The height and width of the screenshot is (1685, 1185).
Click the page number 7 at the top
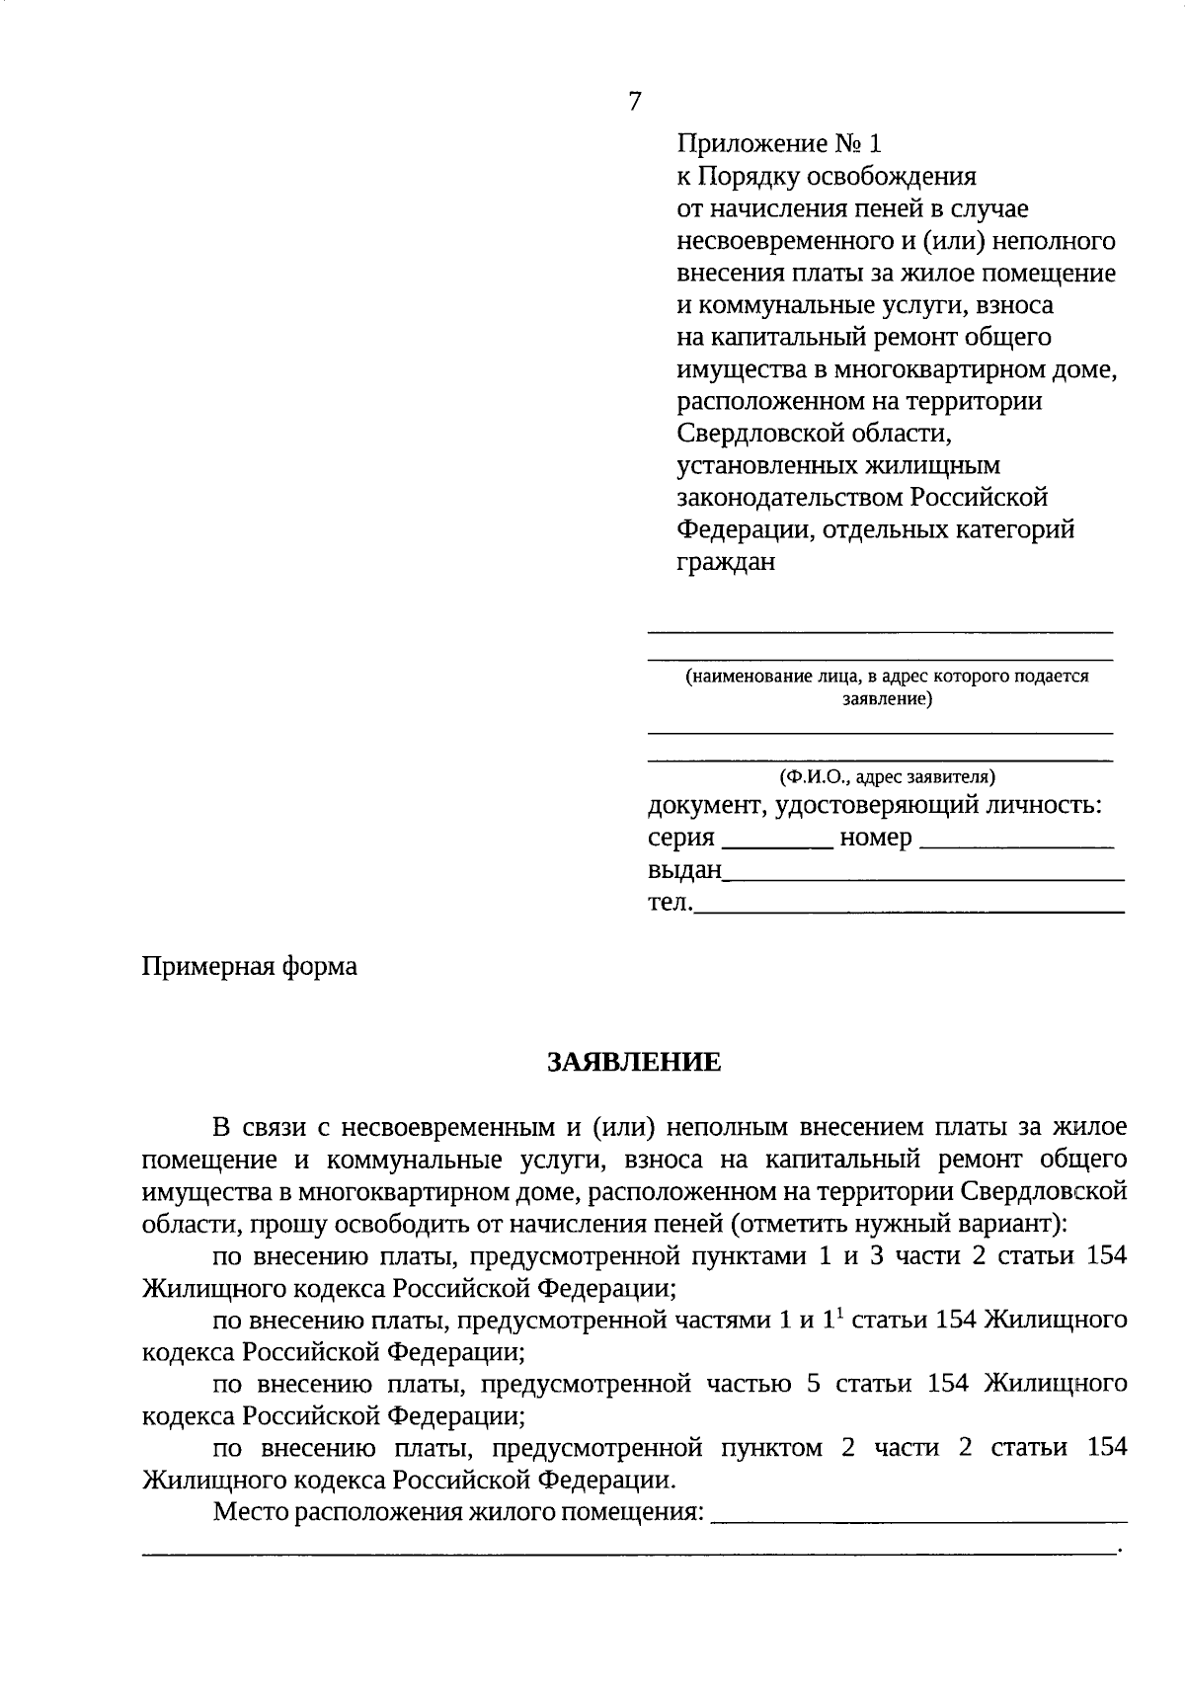tap(635, 102)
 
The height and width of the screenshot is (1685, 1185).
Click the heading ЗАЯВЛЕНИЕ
tap(634, 1063)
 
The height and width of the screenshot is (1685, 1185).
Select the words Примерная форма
tap(250, 966)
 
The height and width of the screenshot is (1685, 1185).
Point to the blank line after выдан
tap(923, 877)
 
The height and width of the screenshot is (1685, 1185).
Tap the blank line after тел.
tap(908, 909)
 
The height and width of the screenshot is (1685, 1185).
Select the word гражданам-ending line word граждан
tap(726, 562)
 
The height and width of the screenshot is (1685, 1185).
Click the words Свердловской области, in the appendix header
tap(815, 434)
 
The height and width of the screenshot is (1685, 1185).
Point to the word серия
tap(680, 839)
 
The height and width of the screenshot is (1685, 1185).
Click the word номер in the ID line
tap(875, 839)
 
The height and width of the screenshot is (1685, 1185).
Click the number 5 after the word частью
tap(814, 1384)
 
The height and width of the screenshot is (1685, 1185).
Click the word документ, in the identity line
tap(706, 806)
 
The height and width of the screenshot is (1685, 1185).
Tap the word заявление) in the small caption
tap(887, 699)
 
